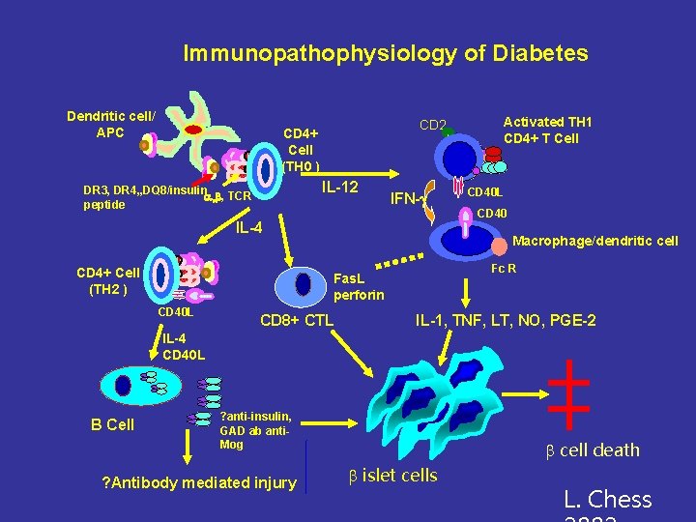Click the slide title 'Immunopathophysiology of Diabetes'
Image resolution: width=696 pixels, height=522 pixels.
tap(385, 53)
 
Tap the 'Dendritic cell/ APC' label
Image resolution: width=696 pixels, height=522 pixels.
tap(110, 124)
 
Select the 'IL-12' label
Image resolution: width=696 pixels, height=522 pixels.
tap(340, 185)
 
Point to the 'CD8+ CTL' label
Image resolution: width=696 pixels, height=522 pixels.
tap(298, 320)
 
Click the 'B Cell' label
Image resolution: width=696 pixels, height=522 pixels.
tap(112, 424)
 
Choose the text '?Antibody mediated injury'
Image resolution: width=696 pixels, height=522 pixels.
tap(199, 482)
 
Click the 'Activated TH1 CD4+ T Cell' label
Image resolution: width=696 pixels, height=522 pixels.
tap(547, 130)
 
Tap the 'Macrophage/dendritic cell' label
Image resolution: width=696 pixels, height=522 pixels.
tap(594, 241)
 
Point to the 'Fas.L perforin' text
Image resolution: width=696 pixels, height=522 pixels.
tap(358, 285)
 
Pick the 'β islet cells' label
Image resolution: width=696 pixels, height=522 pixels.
tap(391, 475)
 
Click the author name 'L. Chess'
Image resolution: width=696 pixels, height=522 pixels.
tap(608, 500)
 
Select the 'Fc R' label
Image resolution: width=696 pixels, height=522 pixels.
tap(505, 268)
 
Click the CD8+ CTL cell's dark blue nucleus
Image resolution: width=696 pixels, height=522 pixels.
tap(304, 283)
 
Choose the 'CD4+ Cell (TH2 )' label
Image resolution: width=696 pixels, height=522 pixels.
tap(108, 280)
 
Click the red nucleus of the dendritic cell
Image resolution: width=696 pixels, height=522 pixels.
tap(193, 128)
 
